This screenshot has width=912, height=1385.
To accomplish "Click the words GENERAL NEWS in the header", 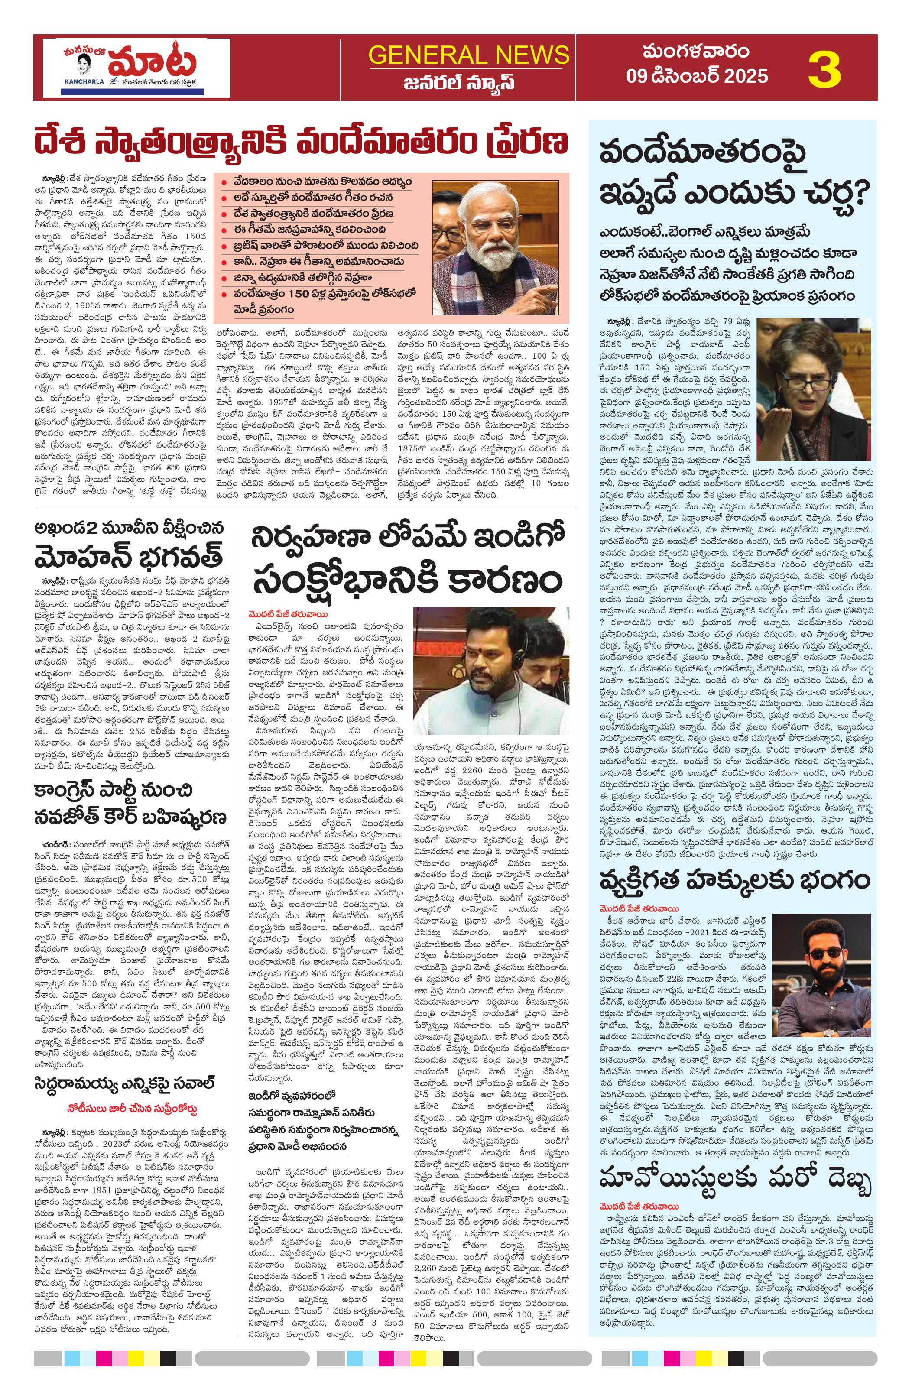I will coord(468,55).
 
